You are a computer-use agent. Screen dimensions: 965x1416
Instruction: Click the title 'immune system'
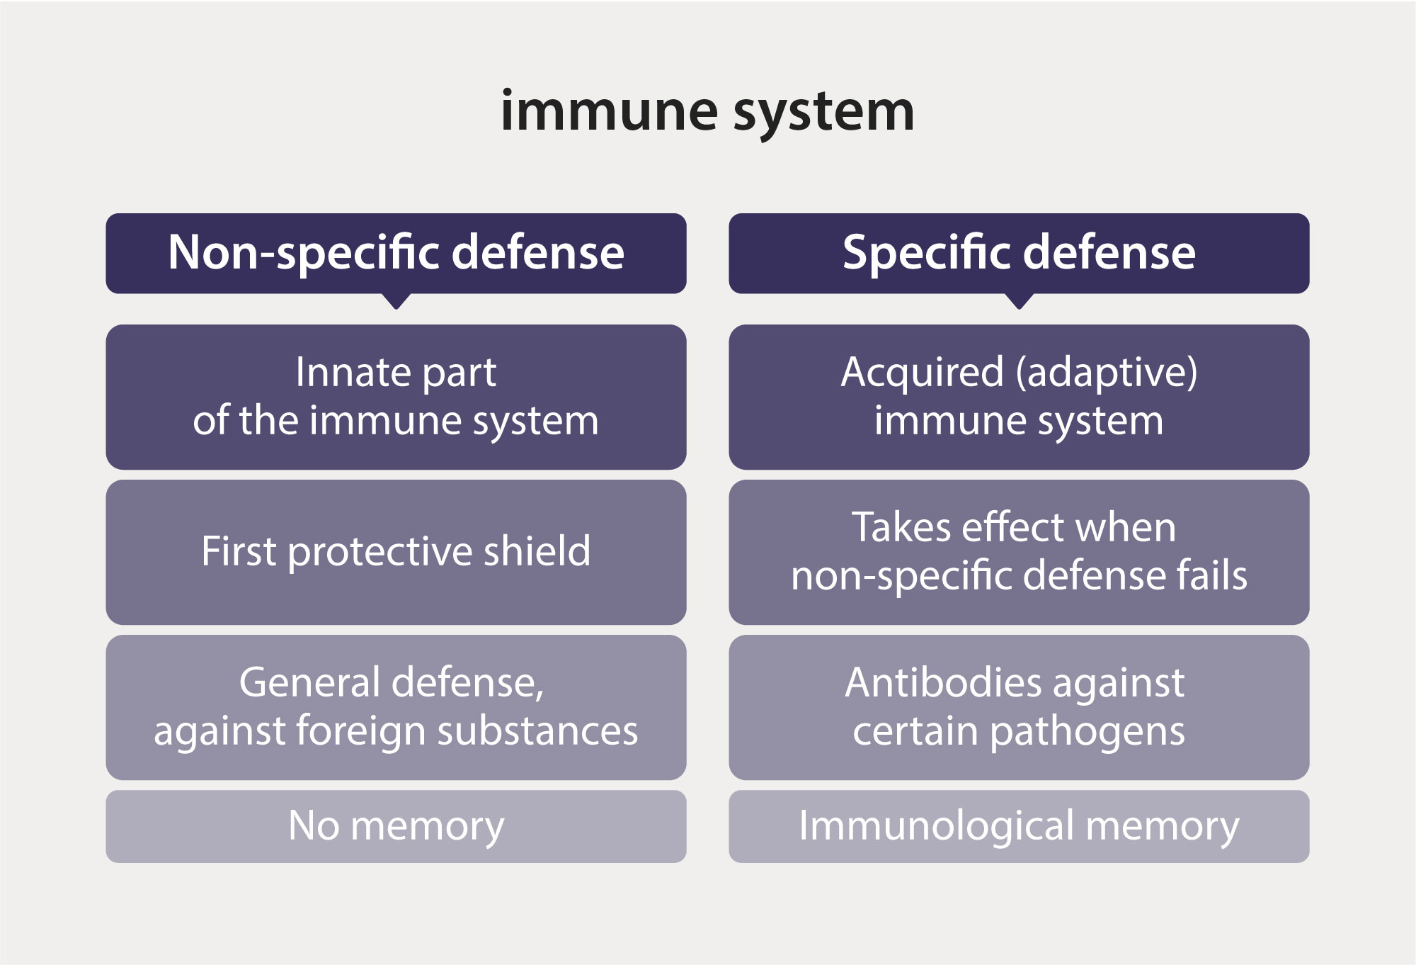click(x=707, y=112)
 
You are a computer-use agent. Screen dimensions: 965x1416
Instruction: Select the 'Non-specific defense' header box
click(x=396, y=253)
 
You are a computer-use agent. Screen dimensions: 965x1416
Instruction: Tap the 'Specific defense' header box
click(x=1019, y=253)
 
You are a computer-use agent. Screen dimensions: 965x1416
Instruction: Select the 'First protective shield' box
click(x=396, y=552)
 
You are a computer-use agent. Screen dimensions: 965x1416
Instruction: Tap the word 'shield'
click(x=537, y=551)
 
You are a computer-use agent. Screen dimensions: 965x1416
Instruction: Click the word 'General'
click(x=310, y=682)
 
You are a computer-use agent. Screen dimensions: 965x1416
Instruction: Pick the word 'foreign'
click(x=360, y=731)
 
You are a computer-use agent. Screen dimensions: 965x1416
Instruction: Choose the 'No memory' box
click(x=396, y=826)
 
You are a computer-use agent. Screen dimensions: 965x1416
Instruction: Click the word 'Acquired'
click(x=922, y=372)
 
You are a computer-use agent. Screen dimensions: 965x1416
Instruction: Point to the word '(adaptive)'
click(x=1107, y=373)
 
